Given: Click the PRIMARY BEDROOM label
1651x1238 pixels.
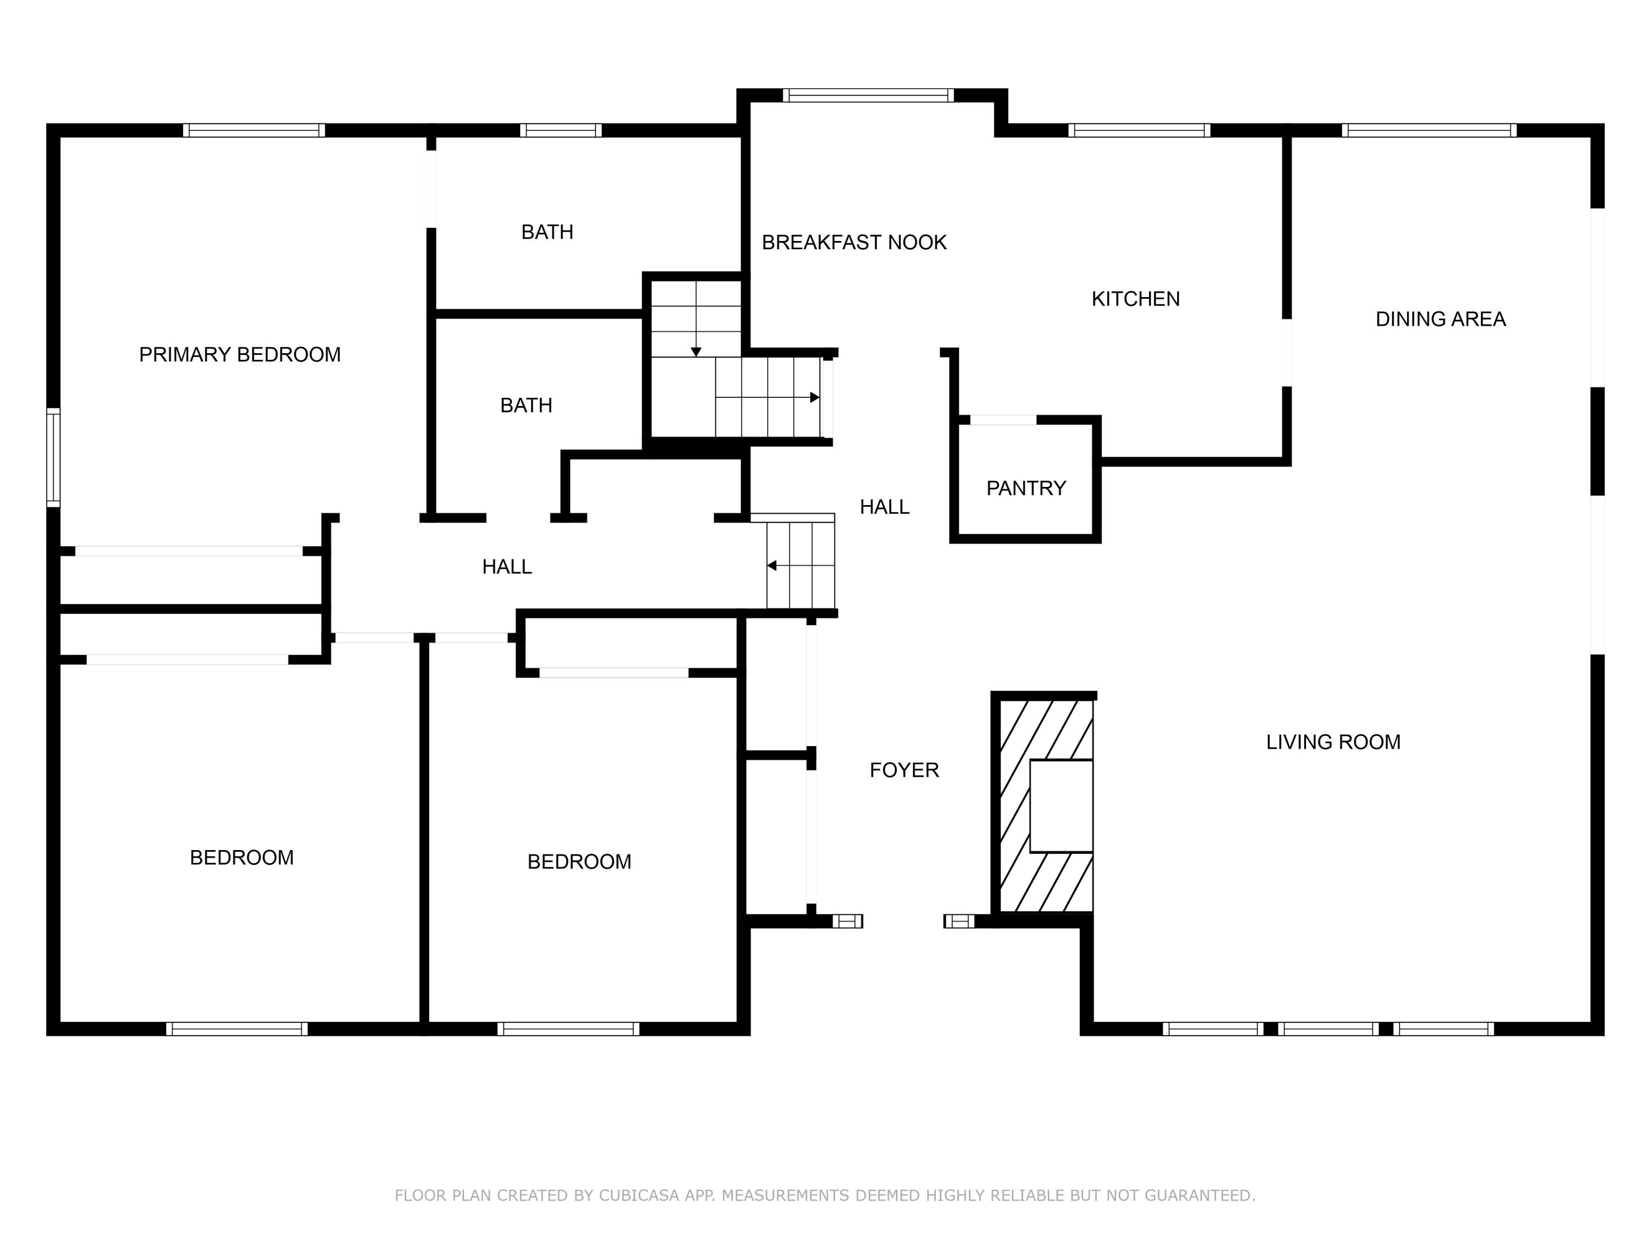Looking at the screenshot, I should pyautogui.click(x=239, y=354).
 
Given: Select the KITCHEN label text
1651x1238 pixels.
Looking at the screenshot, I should pyautogui.click(x=1135, y=299).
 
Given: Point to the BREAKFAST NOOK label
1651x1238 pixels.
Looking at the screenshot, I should pyautogui.click(x=854, y=243).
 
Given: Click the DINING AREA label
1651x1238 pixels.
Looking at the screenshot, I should pyautogui.click(x=1440, y=319).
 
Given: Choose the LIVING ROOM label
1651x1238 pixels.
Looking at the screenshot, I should pyautogui.click(x=1333, y=742).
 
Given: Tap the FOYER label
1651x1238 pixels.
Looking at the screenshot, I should pyautogui.click(x=904, y=770).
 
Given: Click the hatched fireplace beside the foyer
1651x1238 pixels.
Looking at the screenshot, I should pyautogui.click(x=1015, y=806).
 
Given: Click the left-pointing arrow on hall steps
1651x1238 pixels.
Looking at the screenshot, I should pyautogui.click(x=773, y=566).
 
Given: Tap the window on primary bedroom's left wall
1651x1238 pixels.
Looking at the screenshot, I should pyautogui.click(x=53, y=457).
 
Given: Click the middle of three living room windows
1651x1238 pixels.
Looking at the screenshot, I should pyautogui.click(x=1328, y=1029).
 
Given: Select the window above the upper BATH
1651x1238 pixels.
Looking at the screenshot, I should pyautogui.click(x=561, y=130).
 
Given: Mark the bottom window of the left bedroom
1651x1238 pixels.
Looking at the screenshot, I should pyautogui.click(x=237, y=1029).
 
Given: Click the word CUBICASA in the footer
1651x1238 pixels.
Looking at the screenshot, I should pyautogui.click(x=638, y=1196).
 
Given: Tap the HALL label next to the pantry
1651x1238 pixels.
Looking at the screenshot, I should pyautogui.click(x=884, y=507).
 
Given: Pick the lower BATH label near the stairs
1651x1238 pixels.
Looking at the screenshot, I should pyautogui.click(x=526, y=405).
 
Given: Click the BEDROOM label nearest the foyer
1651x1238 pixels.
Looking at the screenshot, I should pyautogui.click(x=579, y=862).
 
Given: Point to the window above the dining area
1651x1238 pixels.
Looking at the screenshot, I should pyautogui.click(x=1429, y=130).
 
